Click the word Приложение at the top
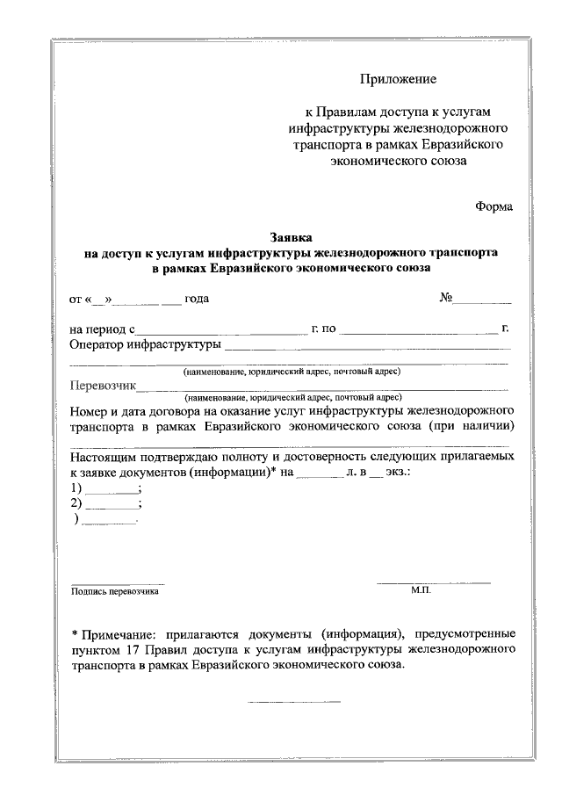[x=398, y=80]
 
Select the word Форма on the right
[x=494, y=206]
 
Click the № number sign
[x=445, y=298]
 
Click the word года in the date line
[x=196, y=299]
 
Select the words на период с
[x=100, y=329]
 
